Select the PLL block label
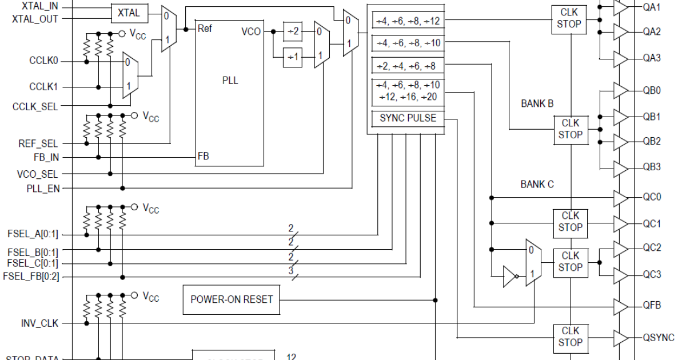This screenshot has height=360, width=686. (x=230, y=81)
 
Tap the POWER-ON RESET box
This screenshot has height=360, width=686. (x=232, y=299)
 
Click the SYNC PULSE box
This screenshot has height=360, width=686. (x=408, y=118)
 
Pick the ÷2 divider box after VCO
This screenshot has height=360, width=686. (x=293, y=32)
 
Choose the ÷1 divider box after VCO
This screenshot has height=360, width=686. (x=293, y=57)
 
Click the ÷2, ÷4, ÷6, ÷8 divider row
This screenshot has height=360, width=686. (x=406, y=66)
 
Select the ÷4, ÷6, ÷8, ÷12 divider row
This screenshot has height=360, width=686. (x=408, y=21)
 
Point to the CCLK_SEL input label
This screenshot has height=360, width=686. (x=35, y=106)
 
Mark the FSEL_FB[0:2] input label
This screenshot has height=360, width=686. (x=31, y=277)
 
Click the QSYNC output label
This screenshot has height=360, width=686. (x=659, y=337)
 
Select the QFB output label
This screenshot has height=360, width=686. (x=652, y=305)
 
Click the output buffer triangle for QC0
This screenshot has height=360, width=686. (x=621, y=198)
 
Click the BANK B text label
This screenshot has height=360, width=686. (x=537, y=104)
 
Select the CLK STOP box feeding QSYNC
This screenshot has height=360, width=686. (x=570, y=337)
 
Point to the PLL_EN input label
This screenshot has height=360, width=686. (x=43, y=188)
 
